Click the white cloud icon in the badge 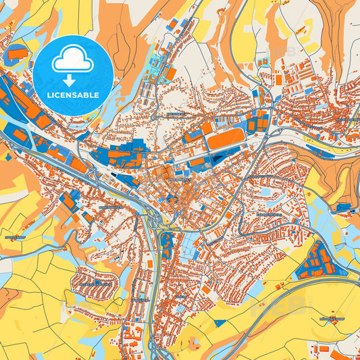click(x=73, y=61)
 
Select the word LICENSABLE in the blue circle click(x=73, y=95)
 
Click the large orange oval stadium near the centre click(x=224, y=140)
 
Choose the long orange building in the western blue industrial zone click(x=24, y=101)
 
